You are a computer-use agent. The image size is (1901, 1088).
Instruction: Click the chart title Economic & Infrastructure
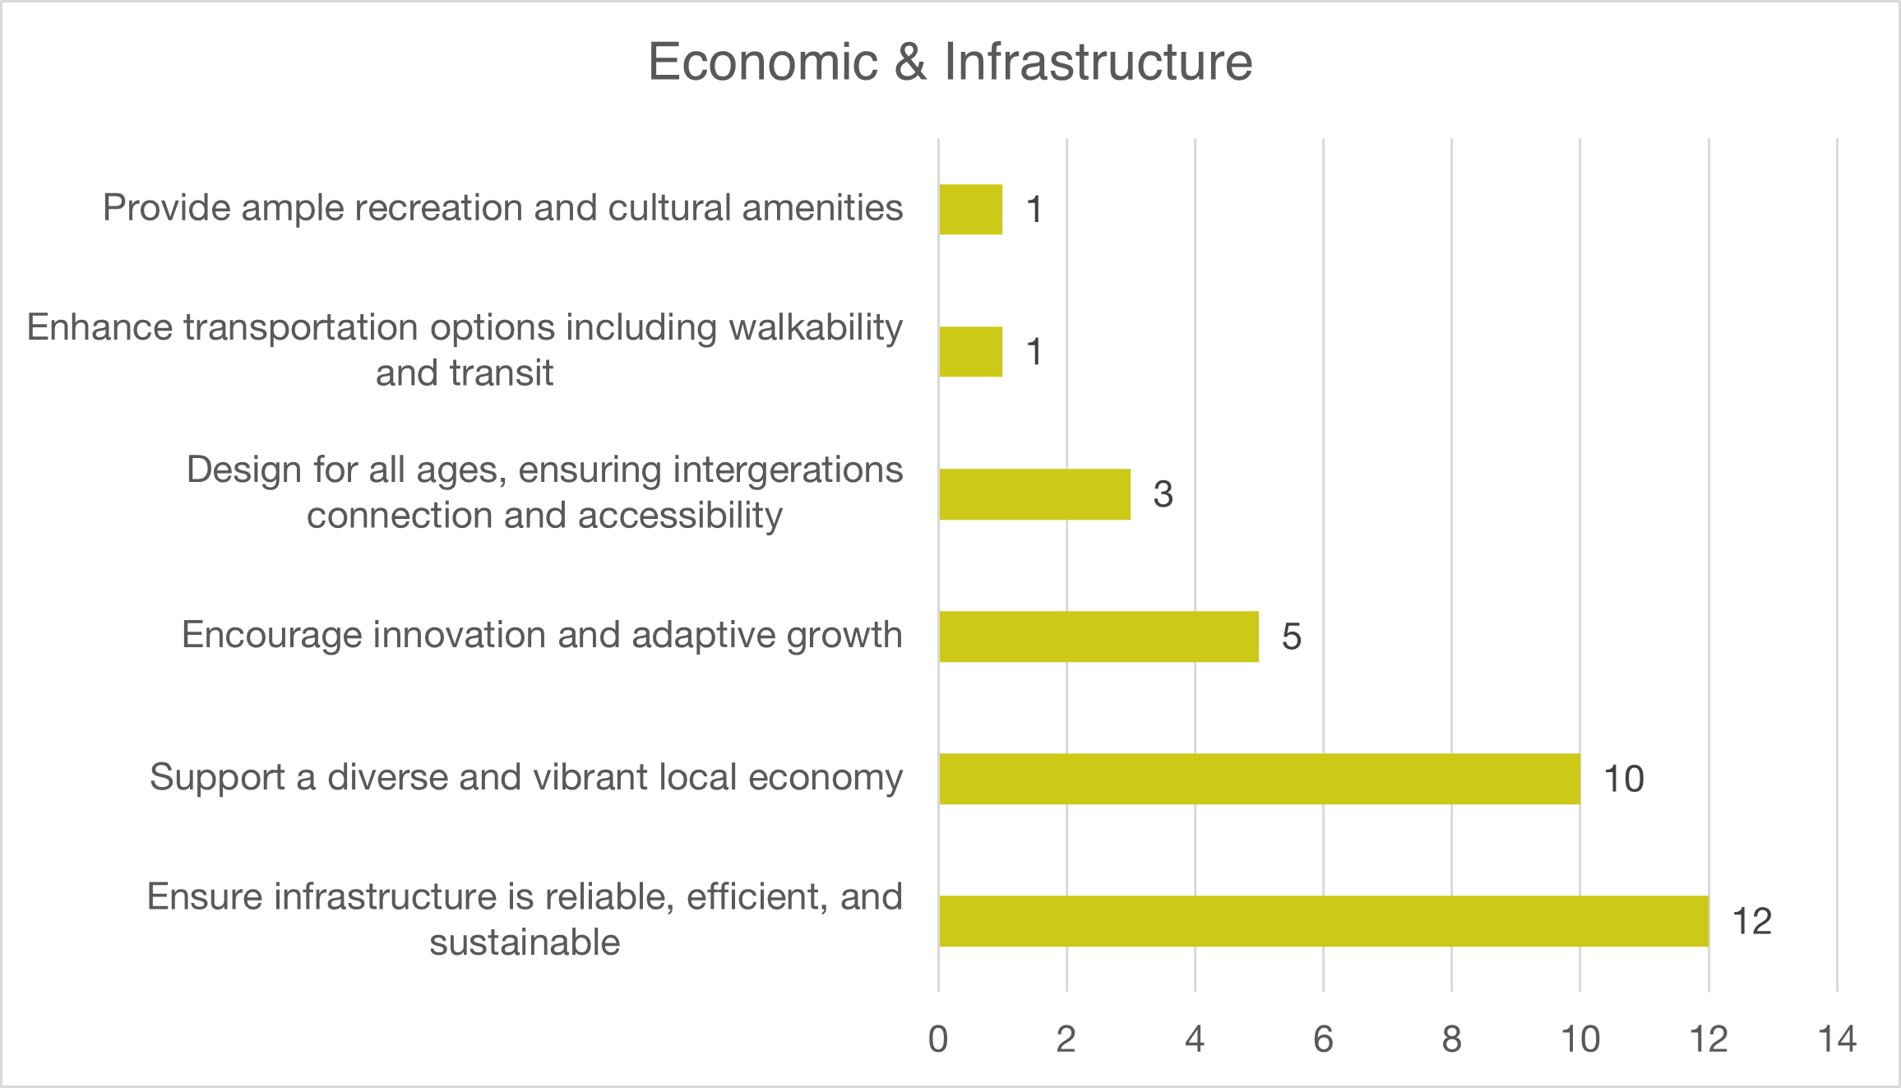(x=950, y=62)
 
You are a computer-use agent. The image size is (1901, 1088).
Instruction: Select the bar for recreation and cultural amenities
(x=970, y=209)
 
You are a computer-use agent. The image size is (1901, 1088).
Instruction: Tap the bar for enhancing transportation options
(x=970, y=352)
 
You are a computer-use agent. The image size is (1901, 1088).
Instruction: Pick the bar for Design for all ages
(x=1034, y=494)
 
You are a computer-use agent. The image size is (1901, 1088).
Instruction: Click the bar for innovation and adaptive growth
(x=1099, y=637)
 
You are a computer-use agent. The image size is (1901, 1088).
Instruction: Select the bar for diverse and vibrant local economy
(x=1259, y=779)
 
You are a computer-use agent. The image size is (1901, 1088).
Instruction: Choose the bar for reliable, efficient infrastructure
(x=1323, y=921)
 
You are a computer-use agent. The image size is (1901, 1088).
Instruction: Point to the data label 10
(x=1624, y=779)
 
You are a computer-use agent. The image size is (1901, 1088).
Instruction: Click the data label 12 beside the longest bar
(x=1751, y=921)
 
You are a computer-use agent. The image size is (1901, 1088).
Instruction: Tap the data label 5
(x=1291, y=637)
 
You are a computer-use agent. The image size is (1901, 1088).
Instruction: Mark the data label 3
(x=1163, y=494)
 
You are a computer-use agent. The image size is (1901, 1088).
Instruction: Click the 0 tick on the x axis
(x=938, y=1039)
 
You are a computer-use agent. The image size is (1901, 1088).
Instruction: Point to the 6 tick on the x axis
(x=1323, y=1039)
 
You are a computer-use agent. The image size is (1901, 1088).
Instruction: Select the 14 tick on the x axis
(x=1837, y=1039)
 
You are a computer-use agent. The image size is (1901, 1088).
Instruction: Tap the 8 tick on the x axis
(x=1451, y=1039)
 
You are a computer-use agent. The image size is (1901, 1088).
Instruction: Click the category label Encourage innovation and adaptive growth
(x=542, y=635)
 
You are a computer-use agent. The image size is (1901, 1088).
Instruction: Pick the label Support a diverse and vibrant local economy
(x=526, y=777)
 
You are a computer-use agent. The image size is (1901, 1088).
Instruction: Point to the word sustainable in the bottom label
(x=525, y=942)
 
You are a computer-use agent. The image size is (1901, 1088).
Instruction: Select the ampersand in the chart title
(x=910, y=62)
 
